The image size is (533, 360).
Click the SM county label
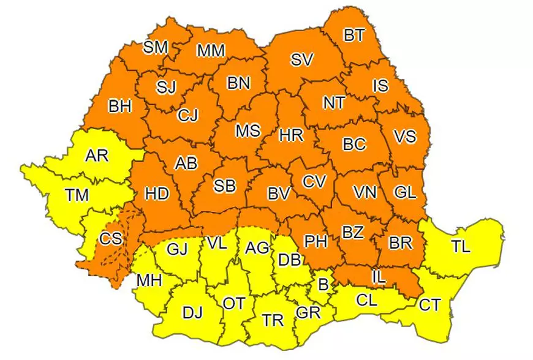click(156, 48)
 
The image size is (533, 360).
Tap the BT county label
click(353, 36)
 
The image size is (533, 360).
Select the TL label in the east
click(461, 247)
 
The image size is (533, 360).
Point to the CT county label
click(429, 304)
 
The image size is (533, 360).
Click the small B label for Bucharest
click(323, 284)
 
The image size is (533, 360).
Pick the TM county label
click(77, 195)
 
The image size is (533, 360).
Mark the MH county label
click(149, 280)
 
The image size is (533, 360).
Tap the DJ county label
click(192, 313)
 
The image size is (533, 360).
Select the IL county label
click(379, 277)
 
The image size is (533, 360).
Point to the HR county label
click(291, 135)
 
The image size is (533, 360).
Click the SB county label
click(224, 186)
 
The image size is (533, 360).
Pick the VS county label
click(404, 137)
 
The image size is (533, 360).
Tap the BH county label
click(120, 107)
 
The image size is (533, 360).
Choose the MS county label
click(248, 130)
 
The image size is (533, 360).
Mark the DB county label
click(289, 260)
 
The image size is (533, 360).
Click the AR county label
click(97, 156)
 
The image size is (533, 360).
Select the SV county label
click(302, 60)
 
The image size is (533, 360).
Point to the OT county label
click(233, 303)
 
